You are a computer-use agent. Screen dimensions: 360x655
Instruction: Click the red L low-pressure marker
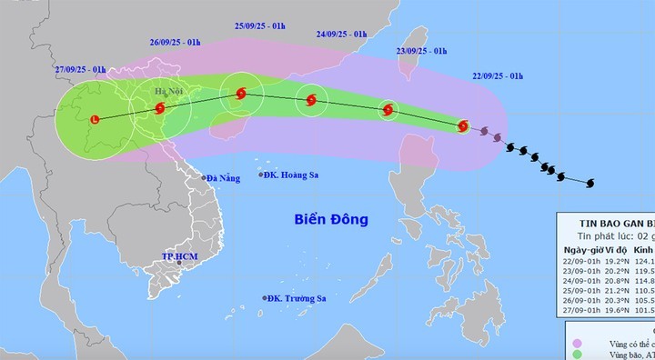[96, 118]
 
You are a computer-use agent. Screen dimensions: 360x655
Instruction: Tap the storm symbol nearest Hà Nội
[160, 108]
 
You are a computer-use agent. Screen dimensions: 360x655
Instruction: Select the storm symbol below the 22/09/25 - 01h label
[463, 125]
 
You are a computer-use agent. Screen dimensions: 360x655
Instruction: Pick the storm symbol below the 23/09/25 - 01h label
[388, 110]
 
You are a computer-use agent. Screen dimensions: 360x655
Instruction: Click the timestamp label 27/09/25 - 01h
[78, 69]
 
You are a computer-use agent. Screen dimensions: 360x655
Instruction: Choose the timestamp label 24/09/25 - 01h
[341, 37]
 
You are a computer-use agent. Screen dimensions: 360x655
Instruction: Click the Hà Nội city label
[169, 92]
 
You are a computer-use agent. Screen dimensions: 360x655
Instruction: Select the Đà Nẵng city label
[223, 178]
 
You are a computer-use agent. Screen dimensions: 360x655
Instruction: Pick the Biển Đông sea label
[330, 219]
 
